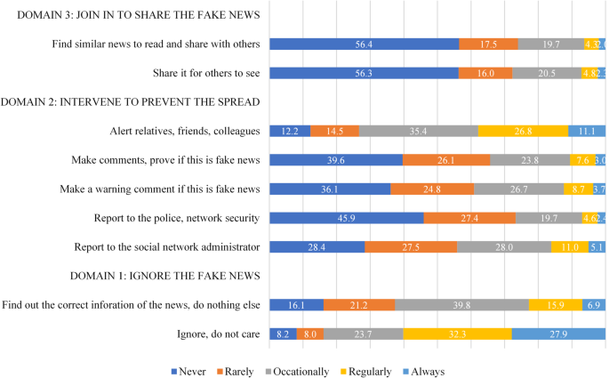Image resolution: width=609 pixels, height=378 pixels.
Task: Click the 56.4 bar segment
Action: (x=365, y=44)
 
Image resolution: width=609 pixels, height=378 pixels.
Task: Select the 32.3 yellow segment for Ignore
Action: (x=457, y=334)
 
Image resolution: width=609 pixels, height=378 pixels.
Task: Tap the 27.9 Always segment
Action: (x=558, y=334)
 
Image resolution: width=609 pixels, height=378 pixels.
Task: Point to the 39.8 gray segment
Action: (x=461, y=305)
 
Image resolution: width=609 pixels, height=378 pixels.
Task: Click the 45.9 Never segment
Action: (x=347, y=218)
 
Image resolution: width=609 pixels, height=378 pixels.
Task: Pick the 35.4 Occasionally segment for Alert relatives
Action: (x=418, y=131)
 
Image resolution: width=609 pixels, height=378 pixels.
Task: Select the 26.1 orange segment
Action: (x=446, y=160)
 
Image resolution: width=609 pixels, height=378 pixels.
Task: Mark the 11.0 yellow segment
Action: (x=569, y=247)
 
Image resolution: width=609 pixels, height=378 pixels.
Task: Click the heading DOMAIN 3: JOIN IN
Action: (x=132, y=15)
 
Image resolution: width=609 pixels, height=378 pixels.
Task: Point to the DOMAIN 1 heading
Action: (x=131, y=276)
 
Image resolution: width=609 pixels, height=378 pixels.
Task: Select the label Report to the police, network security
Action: (x=176, y=218)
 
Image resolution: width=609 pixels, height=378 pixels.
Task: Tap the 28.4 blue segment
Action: (x=317, y=247)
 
